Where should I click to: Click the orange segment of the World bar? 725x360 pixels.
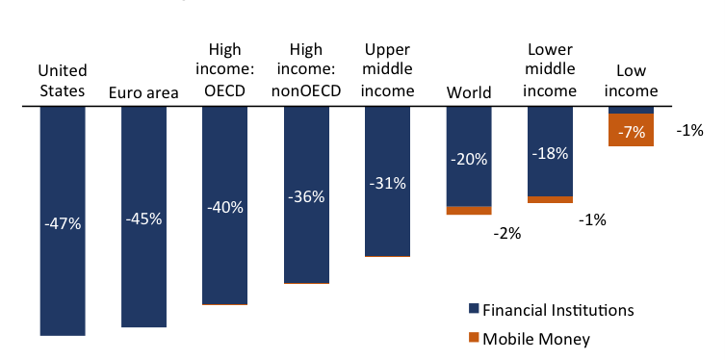click(469, 210)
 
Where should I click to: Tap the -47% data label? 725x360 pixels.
click(63, 223)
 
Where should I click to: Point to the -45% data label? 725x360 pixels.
click(143, 219)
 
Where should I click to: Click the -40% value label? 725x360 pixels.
click(225, 207)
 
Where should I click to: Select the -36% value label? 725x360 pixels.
click(306, 196)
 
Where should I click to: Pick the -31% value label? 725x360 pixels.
click(387, 183)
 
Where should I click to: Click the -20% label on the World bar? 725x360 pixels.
click(469, 159)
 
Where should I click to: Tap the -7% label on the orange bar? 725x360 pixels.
click(631, 133)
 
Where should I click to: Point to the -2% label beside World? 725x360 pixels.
click(506, 234)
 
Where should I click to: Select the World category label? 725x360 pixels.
click(469, 92)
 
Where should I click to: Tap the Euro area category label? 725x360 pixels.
click(143, 92)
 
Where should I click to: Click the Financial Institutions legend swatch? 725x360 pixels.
click(473, 310)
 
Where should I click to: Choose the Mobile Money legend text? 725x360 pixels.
click(535, 339)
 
